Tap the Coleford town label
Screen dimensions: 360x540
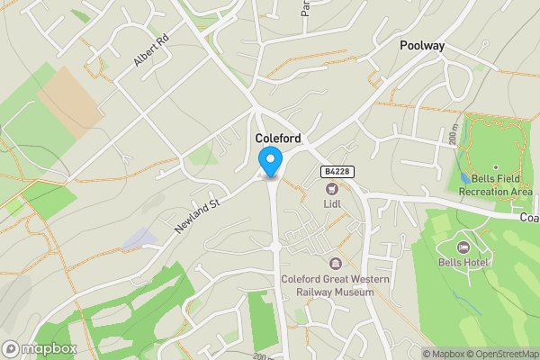[x=278, y=139]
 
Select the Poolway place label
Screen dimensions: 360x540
[x=423, y=45]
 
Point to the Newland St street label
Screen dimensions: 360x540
[x=199, y=214]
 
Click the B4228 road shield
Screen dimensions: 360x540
[x=336, y=171]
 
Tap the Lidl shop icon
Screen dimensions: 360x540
[x=332, y=188]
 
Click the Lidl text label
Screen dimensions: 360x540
[x=332, y=204]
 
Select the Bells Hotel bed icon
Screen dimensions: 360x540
[x=463, y=247]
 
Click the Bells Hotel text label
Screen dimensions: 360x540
[x=463, y=263]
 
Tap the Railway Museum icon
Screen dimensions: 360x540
[x=336, y=263]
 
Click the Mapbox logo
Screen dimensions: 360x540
[x=40, y=348]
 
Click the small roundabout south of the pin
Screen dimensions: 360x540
[x=275, y=246]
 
